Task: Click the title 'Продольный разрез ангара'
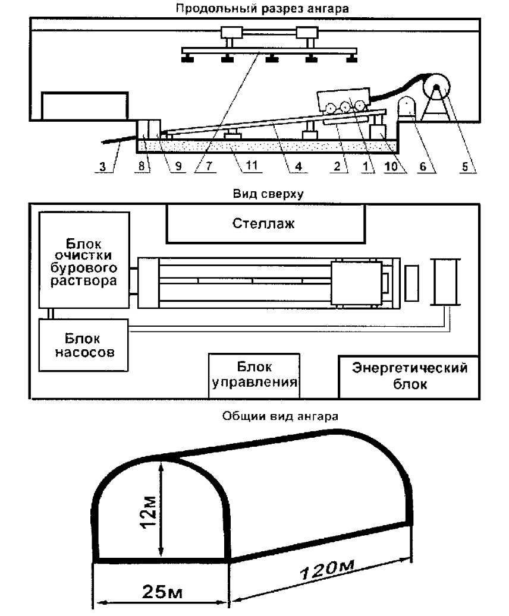pos(262,9)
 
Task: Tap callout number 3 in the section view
pos(103,166)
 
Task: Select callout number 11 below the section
pos(252,166)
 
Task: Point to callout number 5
pos(465,166)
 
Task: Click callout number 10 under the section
pos(391,166)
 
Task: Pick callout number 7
pos(209,166)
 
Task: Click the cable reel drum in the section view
pos(436,87)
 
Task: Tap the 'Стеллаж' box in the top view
pos(266,223)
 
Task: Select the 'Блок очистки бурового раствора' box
pos(84,260)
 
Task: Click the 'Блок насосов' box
pos(83,345)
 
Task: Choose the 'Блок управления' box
pos(254,375)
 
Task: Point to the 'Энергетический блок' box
pos(409,377)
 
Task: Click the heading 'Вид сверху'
pos(268,194)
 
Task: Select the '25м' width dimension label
pos(162,592)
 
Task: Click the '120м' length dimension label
pos(327,570)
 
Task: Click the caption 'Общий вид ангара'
pos(280,416)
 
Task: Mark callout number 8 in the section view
pos(142,166)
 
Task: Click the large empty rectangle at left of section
pos(85,105)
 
